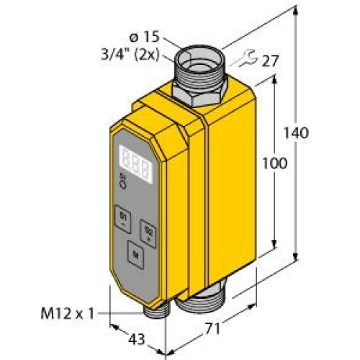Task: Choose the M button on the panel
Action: pyautogui.click(x=135, y=253)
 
